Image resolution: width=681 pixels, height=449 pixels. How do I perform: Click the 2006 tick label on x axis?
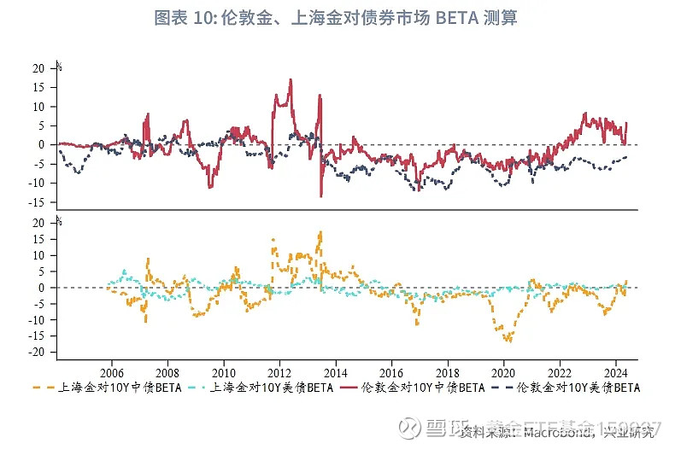click(112, 373)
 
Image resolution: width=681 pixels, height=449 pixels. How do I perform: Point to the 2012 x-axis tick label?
click(279, 373)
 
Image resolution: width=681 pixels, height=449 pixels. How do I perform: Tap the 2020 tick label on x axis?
click(503, 373)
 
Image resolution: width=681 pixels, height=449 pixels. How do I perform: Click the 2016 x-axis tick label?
click(391, 373)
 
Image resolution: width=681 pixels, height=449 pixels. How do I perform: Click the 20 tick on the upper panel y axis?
click(38, 67)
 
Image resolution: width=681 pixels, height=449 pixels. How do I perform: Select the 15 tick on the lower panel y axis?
click(38, 239)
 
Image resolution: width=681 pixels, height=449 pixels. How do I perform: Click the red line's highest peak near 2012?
click(291, 79)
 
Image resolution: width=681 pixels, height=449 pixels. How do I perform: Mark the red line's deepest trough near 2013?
click(321, 196)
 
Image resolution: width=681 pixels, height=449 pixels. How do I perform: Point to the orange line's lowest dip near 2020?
click(509, 341)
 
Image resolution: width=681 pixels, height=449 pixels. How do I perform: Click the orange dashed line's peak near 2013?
click(320, 232)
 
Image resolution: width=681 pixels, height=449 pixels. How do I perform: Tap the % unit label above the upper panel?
click(58, 65)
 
